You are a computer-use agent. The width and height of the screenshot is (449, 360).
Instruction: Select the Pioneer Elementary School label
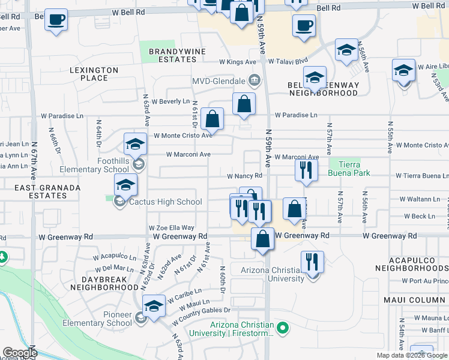coord(109,319)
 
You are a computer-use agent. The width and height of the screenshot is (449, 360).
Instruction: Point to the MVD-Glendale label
coord(218,81)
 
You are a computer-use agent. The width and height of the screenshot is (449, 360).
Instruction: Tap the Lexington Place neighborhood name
coord(94,74)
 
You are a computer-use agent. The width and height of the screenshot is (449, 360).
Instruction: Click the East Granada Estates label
coord(40,192)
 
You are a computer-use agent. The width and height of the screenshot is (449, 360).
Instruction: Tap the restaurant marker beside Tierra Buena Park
coord(307,170)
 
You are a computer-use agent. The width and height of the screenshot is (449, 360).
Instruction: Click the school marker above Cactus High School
coord(125,185)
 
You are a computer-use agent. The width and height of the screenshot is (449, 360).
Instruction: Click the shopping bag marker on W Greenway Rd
coord(262,238)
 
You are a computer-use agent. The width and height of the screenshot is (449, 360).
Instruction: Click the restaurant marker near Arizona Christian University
coord(312,262)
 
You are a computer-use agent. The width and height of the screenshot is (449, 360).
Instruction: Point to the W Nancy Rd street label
coord(245,176)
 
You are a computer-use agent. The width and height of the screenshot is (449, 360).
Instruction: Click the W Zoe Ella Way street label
coord(172,228)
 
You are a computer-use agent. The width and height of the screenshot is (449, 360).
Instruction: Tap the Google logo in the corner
coord(20,353)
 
